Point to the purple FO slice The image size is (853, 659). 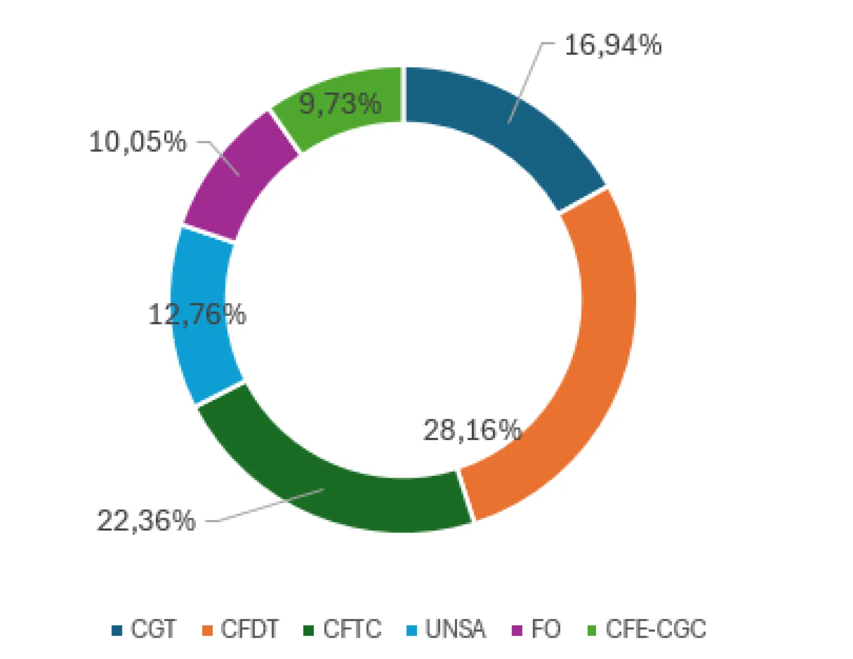point(235,179)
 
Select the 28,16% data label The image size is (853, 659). point(472,430)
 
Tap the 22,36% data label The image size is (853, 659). point(146,521)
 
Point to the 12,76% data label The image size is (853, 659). point(197,314)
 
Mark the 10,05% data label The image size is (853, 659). point(137,142)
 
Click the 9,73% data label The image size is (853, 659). point(340,104)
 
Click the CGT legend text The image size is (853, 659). point(153,629)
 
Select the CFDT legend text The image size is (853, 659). point(250,629)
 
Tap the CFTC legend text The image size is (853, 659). point(352,629)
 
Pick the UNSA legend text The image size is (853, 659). point(455,629)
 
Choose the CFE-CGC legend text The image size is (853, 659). point(656,629)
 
